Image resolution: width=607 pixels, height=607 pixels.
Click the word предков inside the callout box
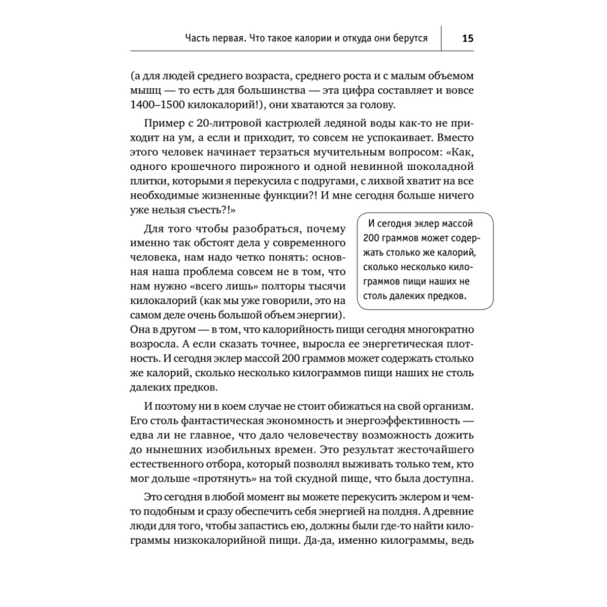click(444, 296)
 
